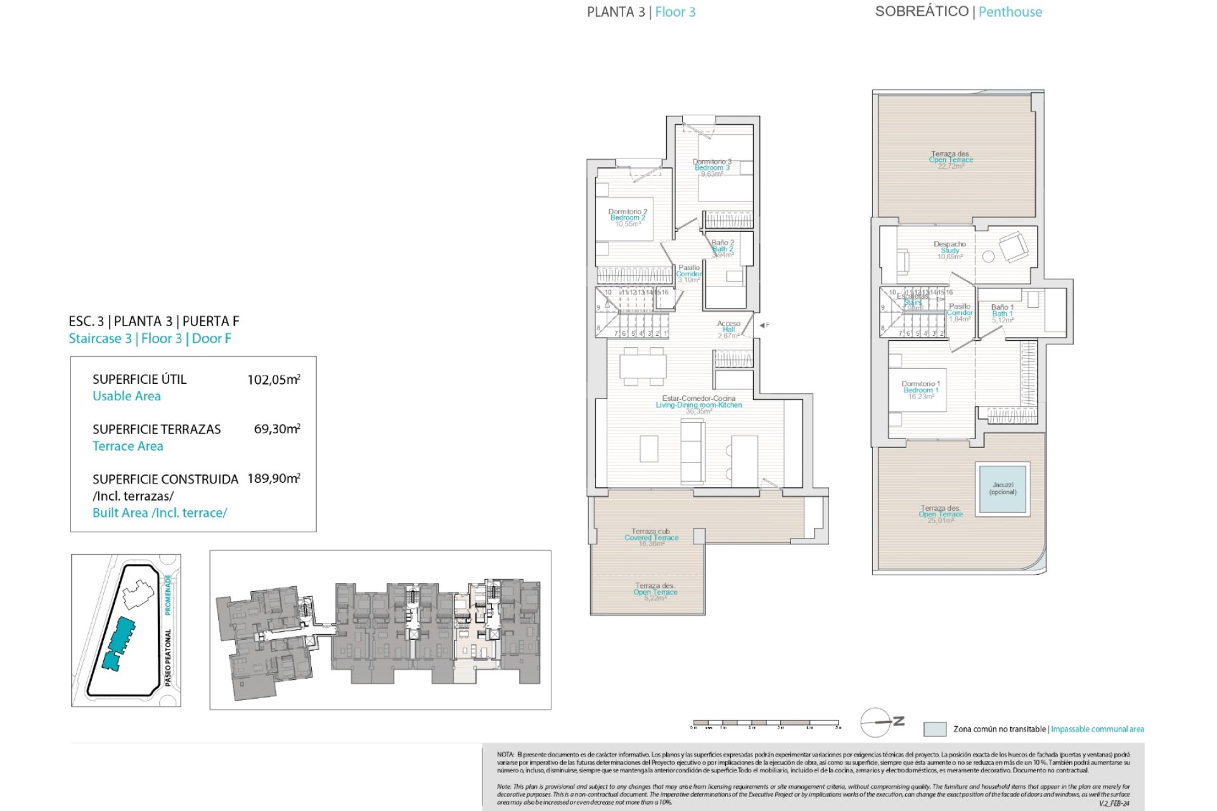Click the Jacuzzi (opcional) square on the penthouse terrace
[x=1002, y=489]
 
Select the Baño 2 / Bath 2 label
[x=723, y=248]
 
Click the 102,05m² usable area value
[x=273, y=380]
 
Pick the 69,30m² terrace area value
[x=276, y=429]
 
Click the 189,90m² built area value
[x=273, y=478]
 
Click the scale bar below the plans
[x=766, y=723]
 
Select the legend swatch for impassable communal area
[x=934, y=729]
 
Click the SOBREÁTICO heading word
[x=921, y=11]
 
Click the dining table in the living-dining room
[x=643, y=366]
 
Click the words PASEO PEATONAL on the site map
[x=168, y=657]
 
